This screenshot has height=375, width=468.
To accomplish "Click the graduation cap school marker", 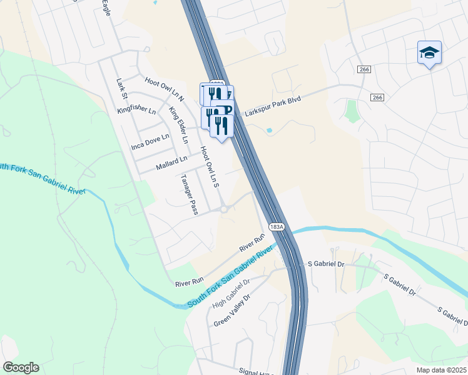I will coord(429,52).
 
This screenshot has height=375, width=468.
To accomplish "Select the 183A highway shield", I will coord(277,226).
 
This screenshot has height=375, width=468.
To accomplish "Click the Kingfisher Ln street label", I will coord(136,111).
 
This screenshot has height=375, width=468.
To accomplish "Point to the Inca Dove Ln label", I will coord(150,141).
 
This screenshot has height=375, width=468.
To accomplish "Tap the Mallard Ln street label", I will coord(171,163).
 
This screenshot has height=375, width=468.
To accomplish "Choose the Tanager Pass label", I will coord(189,194).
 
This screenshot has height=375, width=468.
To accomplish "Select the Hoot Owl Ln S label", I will coord(210,167).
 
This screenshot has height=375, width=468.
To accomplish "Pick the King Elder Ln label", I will coord(178,125).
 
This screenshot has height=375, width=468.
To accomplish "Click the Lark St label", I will coord(121,89).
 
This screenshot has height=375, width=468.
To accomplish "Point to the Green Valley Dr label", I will coord(231,311).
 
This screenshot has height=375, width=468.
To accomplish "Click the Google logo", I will coord(20,367).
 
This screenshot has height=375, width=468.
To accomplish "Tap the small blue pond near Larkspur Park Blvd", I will coord(269,131).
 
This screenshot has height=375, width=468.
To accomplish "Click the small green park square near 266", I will coord(351,111).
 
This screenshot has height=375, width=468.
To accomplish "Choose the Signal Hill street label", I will coord(256,372).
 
